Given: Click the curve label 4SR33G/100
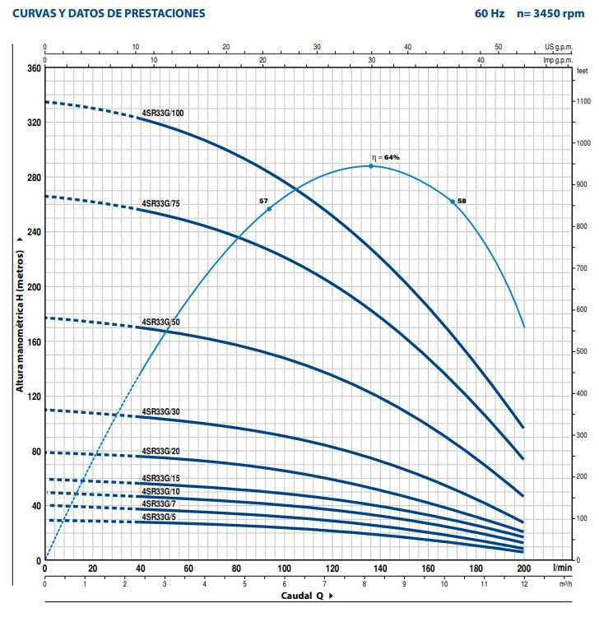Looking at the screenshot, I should tap(163, 113).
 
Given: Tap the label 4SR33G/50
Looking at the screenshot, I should tap(161, 322).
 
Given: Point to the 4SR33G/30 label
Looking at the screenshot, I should tap(161, 411).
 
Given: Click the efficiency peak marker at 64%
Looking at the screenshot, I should tap(371, 166).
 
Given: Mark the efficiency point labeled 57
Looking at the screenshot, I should tap(269, 209).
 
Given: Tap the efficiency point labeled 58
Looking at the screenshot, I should tap(453, 202).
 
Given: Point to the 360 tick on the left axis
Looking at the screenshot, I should tap(33, 68).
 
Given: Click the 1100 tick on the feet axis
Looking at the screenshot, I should tap(583, 101).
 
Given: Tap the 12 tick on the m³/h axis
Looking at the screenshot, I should tap(523, 583).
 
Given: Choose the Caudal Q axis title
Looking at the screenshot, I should tap(299, 595).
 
